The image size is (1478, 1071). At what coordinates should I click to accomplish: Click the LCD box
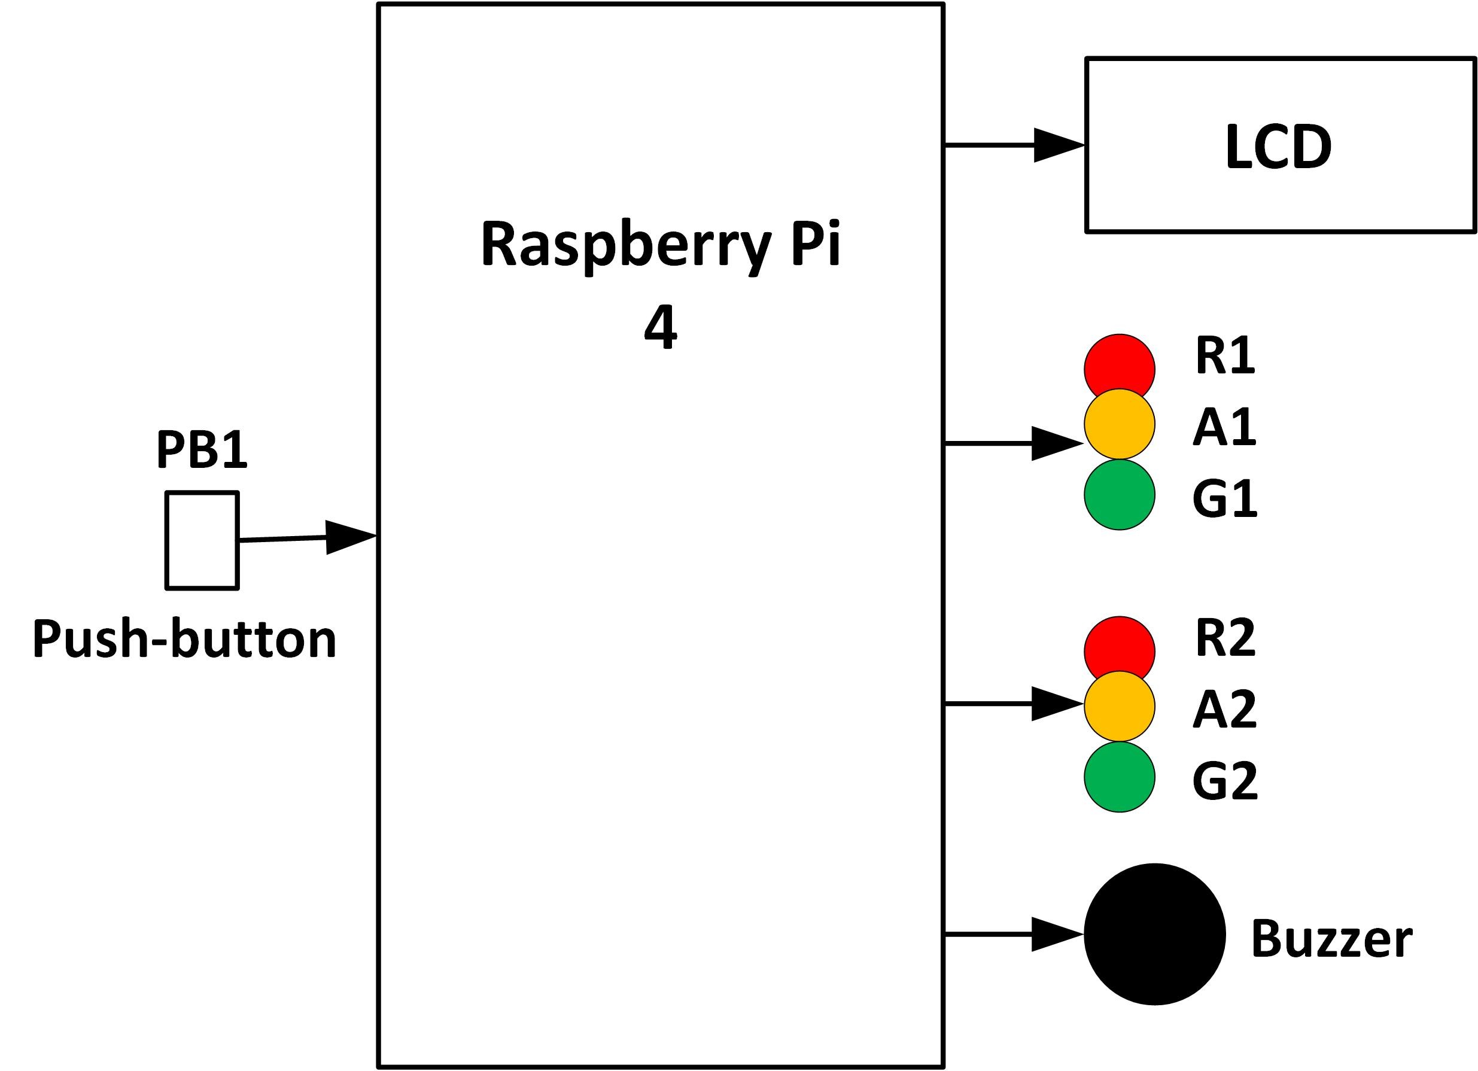[1279, 145]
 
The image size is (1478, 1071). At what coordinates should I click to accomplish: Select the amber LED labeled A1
[1119, 424]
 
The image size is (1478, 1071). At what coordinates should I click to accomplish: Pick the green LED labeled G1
[1119, 494]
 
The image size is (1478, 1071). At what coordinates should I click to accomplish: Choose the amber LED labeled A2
[1119, 706]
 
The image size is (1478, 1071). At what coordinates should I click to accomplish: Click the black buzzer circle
[1154, 934]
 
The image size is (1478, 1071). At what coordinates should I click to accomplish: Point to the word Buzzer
[1331, 939]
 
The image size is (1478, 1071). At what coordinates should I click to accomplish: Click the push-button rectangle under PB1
[202, 541]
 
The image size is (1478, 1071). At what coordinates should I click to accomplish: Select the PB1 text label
[202, 450]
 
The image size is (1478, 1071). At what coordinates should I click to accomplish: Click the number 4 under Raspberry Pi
[660, 329]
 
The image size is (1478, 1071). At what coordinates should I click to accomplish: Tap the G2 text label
[1224, 780]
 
